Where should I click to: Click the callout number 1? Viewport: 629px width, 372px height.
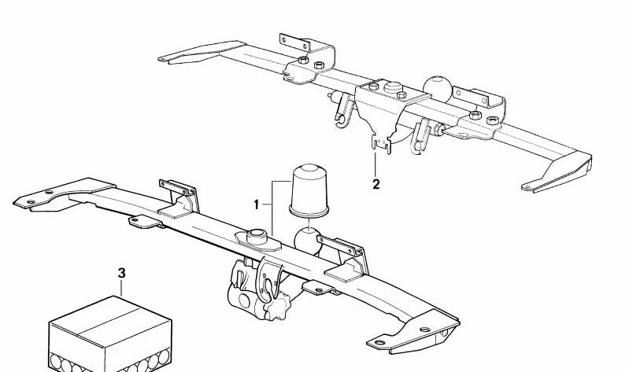tap(256, 204)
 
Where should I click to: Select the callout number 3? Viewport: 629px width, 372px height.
tap(121, 274)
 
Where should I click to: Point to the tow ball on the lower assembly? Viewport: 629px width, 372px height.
tap(309, 240)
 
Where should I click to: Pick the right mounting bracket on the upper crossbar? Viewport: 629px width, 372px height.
tap(484, 106)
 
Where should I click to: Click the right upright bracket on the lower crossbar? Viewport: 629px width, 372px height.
tap(342, 256)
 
